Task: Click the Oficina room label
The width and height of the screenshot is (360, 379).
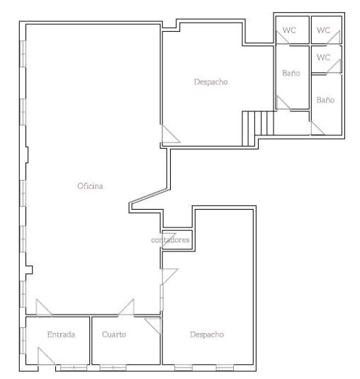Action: pos(90,186)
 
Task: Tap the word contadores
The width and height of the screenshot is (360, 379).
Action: pos(170,239)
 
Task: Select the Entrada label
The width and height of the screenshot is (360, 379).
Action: pos(61,334)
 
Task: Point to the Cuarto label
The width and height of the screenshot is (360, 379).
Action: pos(114,334)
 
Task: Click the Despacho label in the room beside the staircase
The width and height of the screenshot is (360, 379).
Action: pos(210,82)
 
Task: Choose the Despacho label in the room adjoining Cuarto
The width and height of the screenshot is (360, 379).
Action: pos(207,334)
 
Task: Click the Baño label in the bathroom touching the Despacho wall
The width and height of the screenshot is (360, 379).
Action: pos(291,73)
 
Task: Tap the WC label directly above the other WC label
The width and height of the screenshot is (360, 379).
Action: pos(323,30)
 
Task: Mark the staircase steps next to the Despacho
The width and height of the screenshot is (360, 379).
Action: pos(258,128)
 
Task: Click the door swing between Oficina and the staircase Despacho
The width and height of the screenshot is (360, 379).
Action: pos(171,134)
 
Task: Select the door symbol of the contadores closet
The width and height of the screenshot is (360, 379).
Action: pos(169,240)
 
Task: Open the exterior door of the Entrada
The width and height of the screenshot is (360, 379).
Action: pos(46,356)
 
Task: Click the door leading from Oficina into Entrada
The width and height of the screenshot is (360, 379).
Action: pos(44,307)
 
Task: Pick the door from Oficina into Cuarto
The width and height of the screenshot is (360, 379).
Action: pos(126,307)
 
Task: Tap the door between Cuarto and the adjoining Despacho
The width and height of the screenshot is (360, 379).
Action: pos(153,327)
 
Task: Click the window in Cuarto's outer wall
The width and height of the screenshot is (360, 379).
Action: pos(113,368)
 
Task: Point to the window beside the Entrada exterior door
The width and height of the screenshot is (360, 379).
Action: pos(74,368)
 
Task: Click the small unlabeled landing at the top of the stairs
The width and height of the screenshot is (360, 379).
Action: pos(292,123)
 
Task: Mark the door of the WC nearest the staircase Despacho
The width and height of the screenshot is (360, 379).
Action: pos(283,38)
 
